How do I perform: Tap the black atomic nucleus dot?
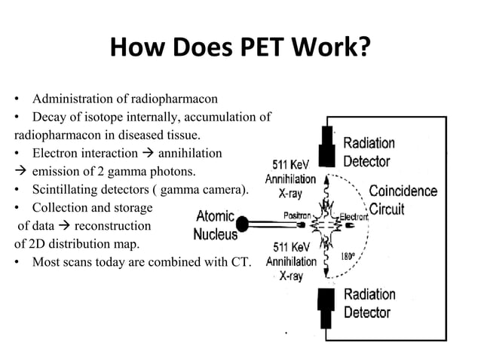tap(243, 224)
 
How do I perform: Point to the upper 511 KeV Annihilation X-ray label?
tap(290, 178)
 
